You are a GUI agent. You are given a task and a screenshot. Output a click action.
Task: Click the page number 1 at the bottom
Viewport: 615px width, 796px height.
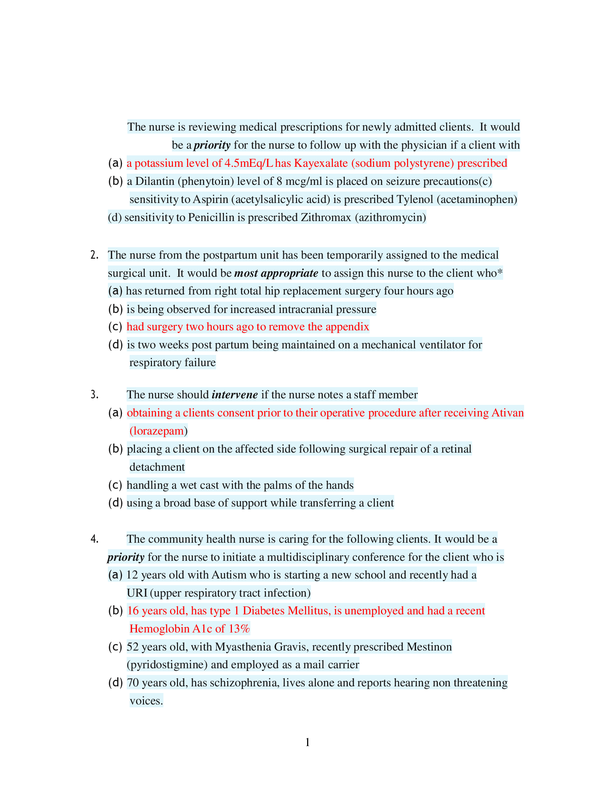click(x=307, y=742)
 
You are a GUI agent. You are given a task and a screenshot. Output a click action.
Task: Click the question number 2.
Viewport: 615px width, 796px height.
click(x=94, y=255)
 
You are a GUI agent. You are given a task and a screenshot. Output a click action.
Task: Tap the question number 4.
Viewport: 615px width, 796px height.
click(x=94, y=539)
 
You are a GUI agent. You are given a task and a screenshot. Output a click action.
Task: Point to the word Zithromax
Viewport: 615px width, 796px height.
click(x=326, y=217)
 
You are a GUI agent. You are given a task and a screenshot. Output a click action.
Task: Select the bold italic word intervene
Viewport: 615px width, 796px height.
click(x=235, y=395)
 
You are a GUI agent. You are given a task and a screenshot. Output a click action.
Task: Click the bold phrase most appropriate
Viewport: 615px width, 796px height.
click(x=276, y=273)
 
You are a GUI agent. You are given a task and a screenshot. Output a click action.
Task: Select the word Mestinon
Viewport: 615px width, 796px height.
click(x=429, y=647)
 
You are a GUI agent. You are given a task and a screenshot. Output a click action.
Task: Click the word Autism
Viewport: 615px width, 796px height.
click(x=229, y=575)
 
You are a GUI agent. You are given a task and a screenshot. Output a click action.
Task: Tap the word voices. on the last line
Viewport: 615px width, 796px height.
click(x=146, y=701)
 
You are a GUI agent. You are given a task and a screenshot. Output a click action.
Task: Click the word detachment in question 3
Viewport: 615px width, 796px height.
click(x=157, y=467)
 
